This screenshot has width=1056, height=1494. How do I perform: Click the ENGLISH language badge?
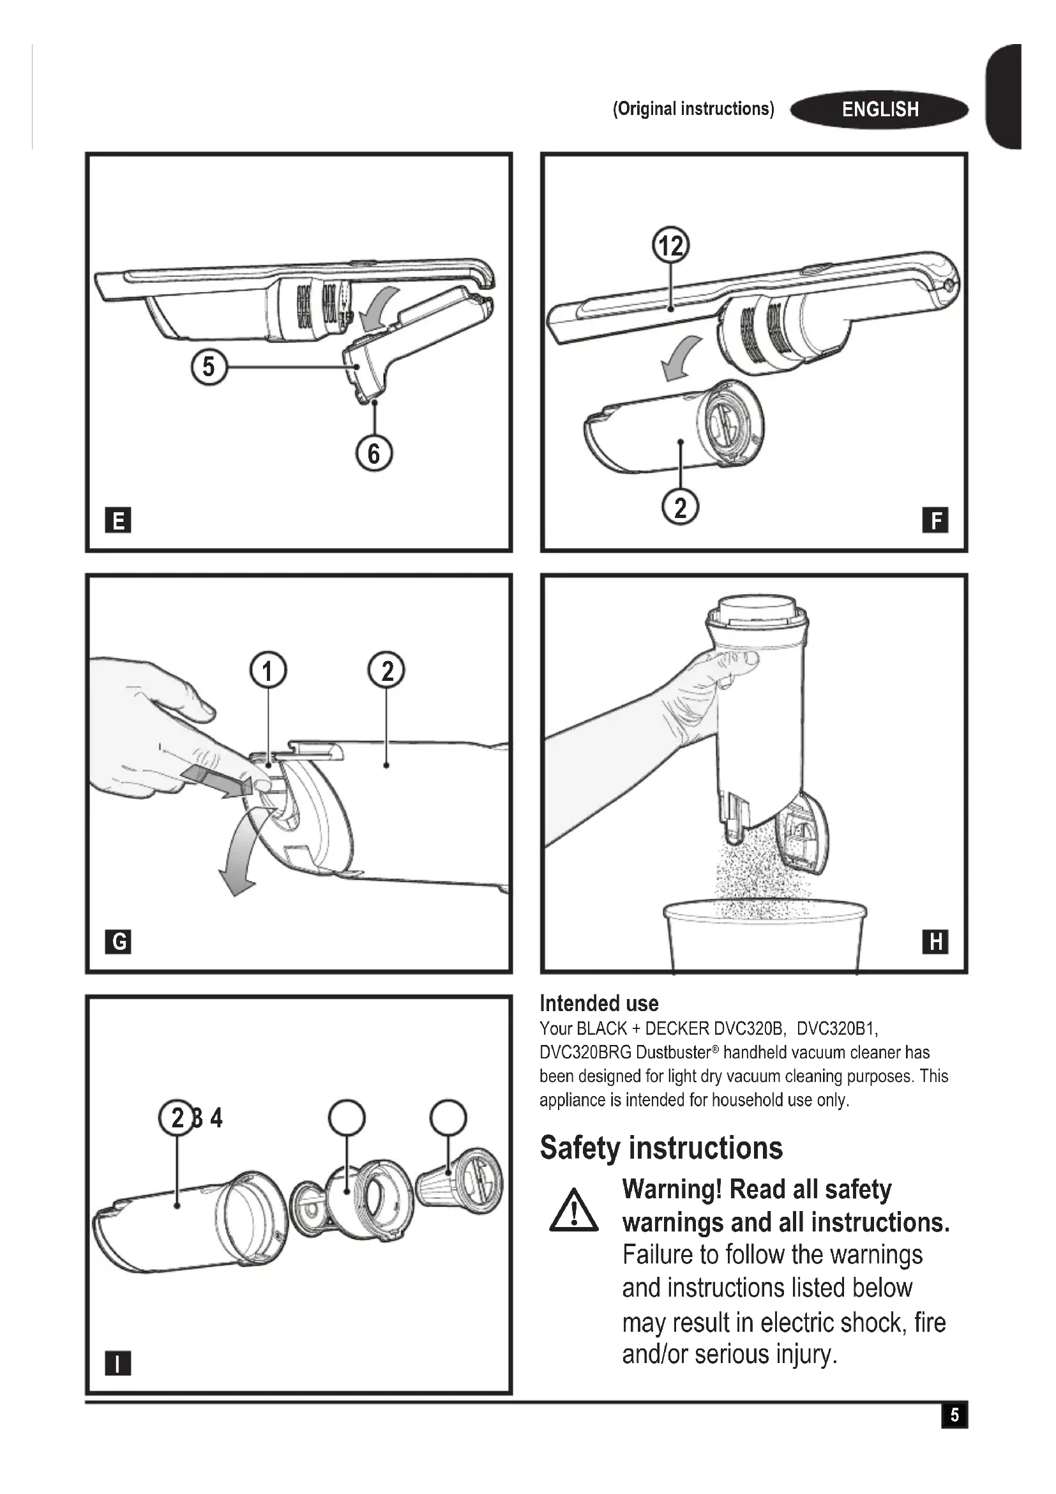pyautogui.click(x=879, y=109)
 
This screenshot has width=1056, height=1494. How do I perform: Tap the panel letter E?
pyautogui.click(x=117, y=520)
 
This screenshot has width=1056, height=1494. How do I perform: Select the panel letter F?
pyautogui.click(x=935, y=520)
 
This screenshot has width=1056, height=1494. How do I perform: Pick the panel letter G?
pyautogui.click(x=117, y=941)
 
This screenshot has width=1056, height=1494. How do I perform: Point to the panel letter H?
pyautogui.click(x=935, y=941)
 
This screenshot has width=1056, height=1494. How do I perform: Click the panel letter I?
pyautogui.click(x=117, y=1362)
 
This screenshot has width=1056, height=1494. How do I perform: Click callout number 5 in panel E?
pyautogui.click(x=208, y=367)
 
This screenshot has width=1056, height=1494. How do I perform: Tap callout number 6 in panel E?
pyautogui.click(x=374, y=453)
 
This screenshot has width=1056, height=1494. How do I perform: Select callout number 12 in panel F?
pyautogui.click(x=670, y=246)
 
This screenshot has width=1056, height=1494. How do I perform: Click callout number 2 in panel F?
pyautogui.click(x=680, y=508)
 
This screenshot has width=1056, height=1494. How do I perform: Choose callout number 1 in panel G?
pyautogui.click(x=268, y=670)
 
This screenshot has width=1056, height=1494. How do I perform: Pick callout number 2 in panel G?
pyautogui.click(x=386, y=670)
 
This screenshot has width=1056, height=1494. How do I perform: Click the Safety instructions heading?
pyautogui.click(x=661, y=1148)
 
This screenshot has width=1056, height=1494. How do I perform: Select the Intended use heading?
pyautogui.click(x=599, y=1003)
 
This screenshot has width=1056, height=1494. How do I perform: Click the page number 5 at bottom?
pyautogui.click(x=954, y=1415)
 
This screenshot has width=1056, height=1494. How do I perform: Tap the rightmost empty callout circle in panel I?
pyautogui.click(x=448, y=1117)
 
